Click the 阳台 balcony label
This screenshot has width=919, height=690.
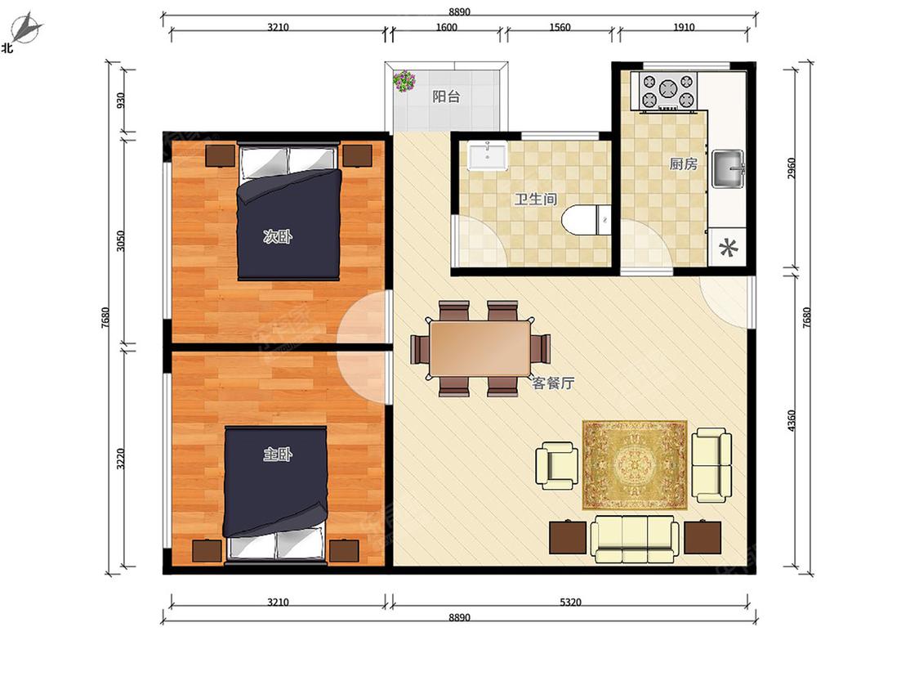[x=446, y=96]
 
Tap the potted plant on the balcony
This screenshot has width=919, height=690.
[x=404, y=81]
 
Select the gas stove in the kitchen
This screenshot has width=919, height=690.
[x=667, y=90]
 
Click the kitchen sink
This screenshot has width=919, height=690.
[x=728, y=169]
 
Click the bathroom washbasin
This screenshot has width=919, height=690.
[x=488, y=155]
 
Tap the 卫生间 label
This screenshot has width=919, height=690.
[x=535, y=199]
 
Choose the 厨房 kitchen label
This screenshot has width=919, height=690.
[x=684, y=164]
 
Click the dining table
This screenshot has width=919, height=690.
[x=480, y=348]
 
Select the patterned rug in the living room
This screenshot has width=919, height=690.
[x=635, y=464]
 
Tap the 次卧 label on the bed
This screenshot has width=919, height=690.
[x=277, y=237]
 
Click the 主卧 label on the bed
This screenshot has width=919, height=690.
[x=277, y=454]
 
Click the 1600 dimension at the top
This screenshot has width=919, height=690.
[x=446, y=27]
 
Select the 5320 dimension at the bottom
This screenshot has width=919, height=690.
[x=570, y=602]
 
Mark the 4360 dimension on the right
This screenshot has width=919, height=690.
[x=792, y=421]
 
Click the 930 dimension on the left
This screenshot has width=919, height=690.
[x=121, y=101]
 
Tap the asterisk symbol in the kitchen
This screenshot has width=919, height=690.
[x=728, y=249]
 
